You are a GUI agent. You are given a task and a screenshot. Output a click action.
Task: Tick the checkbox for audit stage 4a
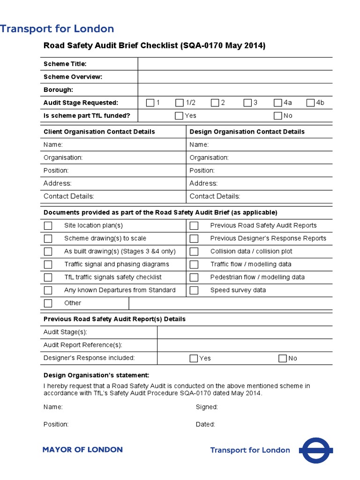[278, 103]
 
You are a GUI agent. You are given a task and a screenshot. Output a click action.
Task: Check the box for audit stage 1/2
[180, 103]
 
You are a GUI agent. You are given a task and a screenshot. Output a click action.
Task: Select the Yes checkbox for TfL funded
[179, 116]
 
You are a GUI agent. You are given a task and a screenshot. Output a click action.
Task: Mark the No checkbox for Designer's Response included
[283, 359]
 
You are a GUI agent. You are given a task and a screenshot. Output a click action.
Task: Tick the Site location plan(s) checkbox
[48, 226]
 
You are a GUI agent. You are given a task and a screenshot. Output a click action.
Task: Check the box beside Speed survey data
[194, 290]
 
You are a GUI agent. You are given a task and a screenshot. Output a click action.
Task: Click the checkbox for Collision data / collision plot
[194, 252]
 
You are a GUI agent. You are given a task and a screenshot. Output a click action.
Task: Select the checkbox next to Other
[48, 303]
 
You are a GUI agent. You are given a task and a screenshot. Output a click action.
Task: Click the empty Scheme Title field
[235, 64]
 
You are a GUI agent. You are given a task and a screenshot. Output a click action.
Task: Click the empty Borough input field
[235, 90]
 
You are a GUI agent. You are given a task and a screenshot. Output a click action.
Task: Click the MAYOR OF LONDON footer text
[82, 450]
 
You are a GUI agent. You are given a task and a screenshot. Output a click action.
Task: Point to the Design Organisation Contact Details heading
[247, 132]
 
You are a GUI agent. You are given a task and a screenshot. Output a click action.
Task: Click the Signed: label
[207, 407]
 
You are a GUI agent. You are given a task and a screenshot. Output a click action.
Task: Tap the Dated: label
[205, 424]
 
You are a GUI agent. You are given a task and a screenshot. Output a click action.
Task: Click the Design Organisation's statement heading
[97, 375]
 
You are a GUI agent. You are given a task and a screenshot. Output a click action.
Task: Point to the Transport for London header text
[57, 29]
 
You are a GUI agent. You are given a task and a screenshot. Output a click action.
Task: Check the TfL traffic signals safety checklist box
[48, 277]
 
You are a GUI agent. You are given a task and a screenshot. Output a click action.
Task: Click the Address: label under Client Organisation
[58, 183]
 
